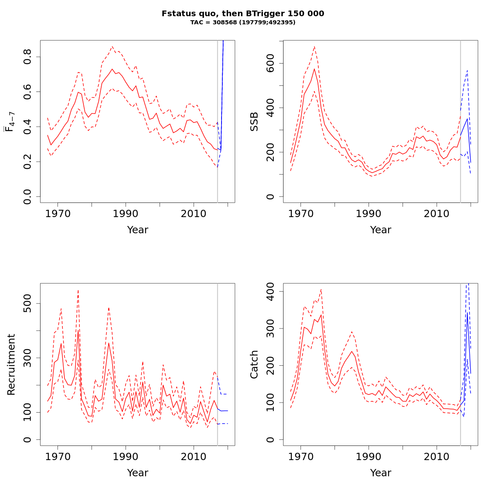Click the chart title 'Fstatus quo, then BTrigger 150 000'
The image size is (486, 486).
[243, 14]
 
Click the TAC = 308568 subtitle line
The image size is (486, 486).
[243, 23]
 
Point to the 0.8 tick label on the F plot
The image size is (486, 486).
[27, 57]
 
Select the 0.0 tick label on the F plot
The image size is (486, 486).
[27, 196]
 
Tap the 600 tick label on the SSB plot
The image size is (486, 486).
[270, 64]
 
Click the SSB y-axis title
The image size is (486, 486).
[254, 122]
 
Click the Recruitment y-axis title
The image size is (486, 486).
[11, 364]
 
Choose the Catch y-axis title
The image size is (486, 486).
[254, 364]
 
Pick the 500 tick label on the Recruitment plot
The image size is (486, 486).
[27, 303]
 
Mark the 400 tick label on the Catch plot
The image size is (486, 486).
[270, 292]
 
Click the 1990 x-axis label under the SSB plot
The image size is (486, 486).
[369, 213]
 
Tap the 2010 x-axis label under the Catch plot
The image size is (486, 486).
[437, 456]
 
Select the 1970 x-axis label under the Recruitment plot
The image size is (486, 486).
[58, 456]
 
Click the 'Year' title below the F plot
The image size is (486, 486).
[138, 230]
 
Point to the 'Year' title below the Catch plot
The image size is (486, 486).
[381, 473]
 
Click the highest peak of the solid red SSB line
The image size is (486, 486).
[314, 68]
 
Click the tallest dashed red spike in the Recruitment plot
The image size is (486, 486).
[78, 290]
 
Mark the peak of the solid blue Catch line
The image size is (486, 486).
[467, 312]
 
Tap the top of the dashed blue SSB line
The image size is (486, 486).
[467, 70]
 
